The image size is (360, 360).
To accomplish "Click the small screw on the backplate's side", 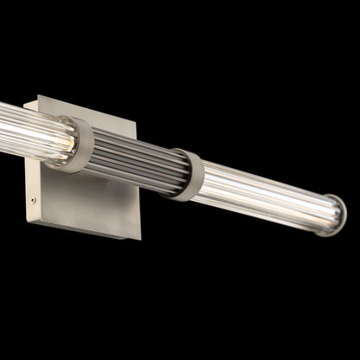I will point(33,201).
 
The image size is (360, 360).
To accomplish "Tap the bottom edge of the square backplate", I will point(87,229).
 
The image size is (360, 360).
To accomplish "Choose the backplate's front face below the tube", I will point(87,199).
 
